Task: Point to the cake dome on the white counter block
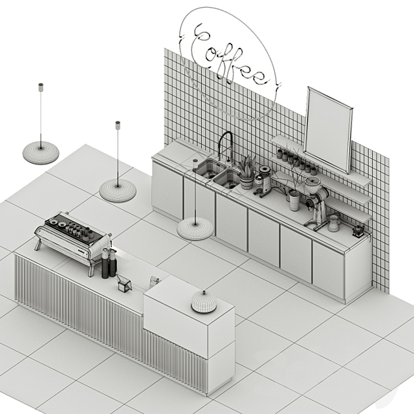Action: coord(204,301)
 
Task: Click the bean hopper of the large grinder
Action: coord(313,182)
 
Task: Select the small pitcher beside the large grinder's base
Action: coord(334,223)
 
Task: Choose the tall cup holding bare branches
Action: coord(294,201)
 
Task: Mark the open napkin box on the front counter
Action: coord(124,283)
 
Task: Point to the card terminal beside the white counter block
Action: coord(154,281)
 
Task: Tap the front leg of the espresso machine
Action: coord(91,267)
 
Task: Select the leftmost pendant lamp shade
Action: coord(41,153)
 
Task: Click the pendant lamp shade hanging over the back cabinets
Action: coord(195,228)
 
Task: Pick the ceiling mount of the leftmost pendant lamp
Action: coord(41,87)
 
